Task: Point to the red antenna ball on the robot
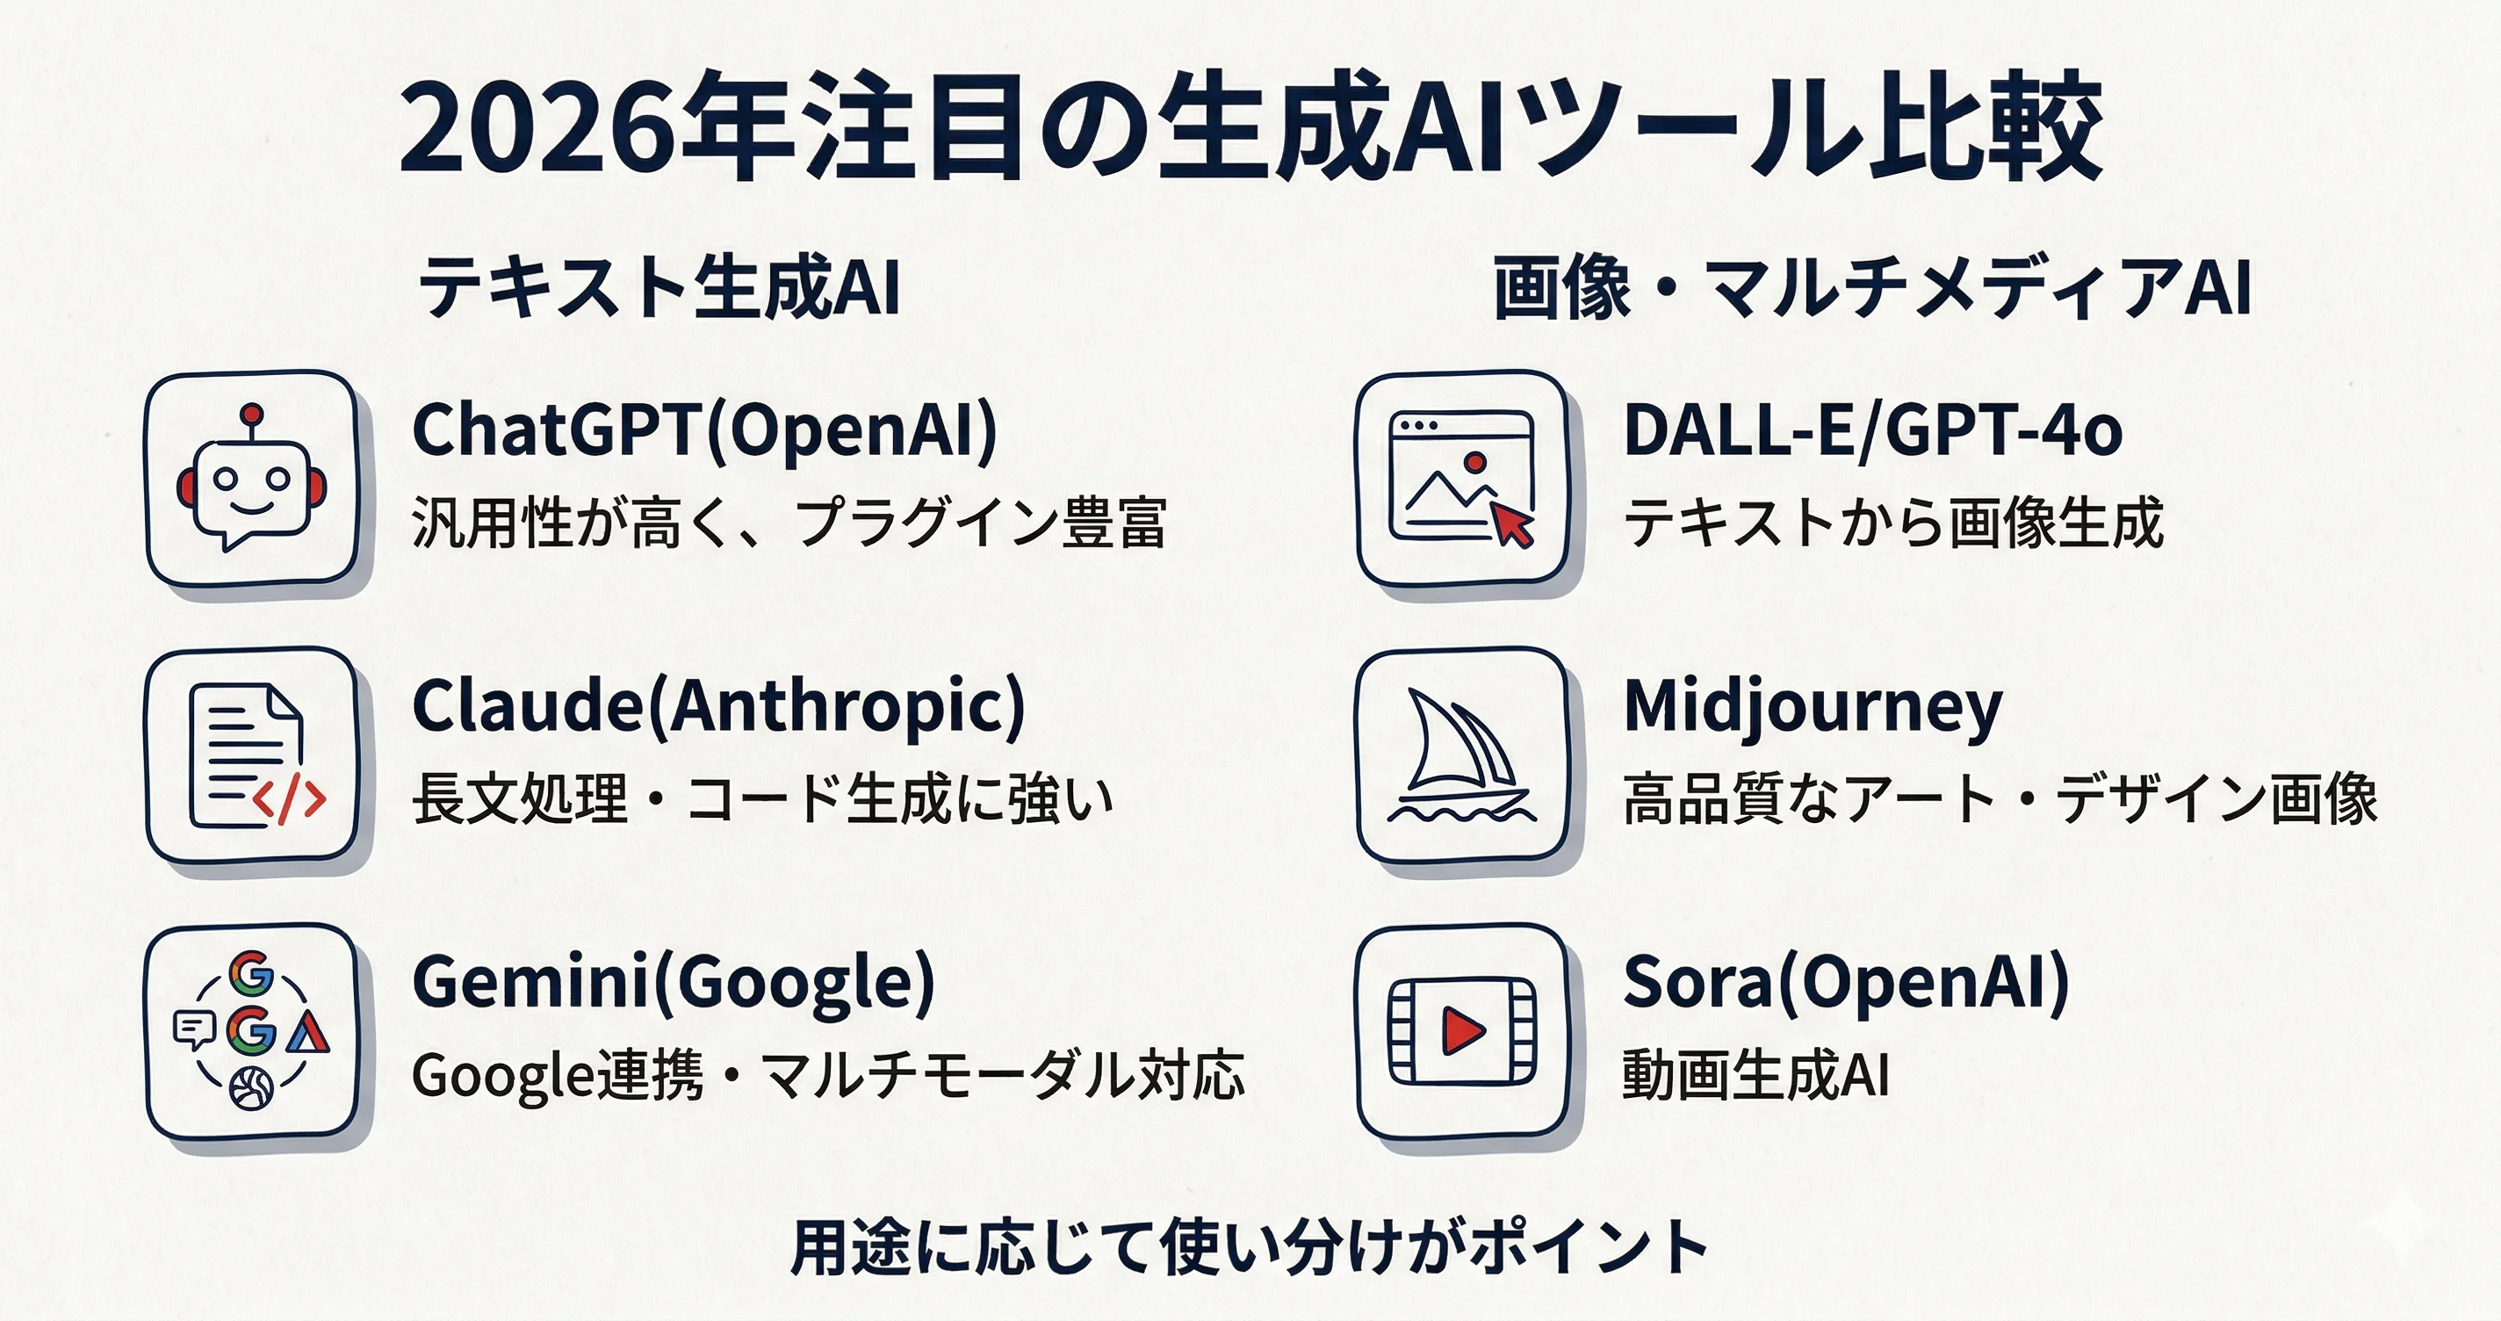[x=252, y=414]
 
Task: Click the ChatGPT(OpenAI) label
[x=705, y=431]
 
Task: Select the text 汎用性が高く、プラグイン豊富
[x=789, y=523]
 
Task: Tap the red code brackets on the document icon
[x=289, y=800]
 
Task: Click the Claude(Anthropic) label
[x=718, y=707]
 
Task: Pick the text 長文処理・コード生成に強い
[x=763, y=798]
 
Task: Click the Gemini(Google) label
[x=674, y=983]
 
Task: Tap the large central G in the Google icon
[x=251, y=1031]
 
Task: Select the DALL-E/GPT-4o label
[x=1873, y=431]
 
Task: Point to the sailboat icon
[x=1461, y=755]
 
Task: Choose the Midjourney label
[x=1813, y=709]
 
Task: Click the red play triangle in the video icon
[x=1463, y=1030]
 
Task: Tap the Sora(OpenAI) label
[x=1847, y=983]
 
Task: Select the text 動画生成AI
[x=1755, y=1074]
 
